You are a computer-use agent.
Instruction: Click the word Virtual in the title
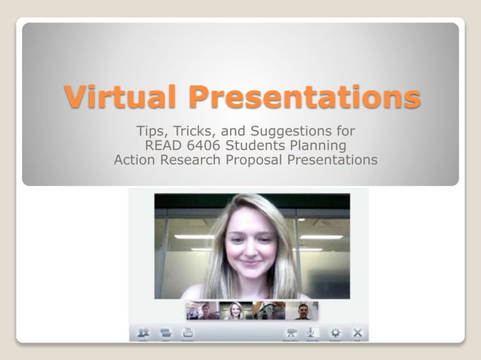[x=121, y=96]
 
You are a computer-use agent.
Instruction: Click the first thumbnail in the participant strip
[x=203, y=310]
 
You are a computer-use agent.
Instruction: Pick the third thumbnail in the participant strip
[x=269, y=310]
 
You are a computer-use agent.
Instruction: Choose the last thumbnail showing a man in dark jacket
[x=302, y=310]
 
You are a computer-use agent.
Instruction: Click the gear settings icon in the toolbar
[x=335, y=332]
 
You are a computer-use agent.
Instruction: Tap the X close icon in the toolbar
[x=357, y=332]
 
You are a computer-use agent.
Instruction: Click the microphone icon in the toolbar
[x=311, y=332]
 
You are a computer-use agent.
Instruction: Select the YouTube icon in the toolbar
[x=188, y=332]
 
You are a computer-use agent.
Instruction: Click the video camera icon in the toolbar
[x=290, y=332]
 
